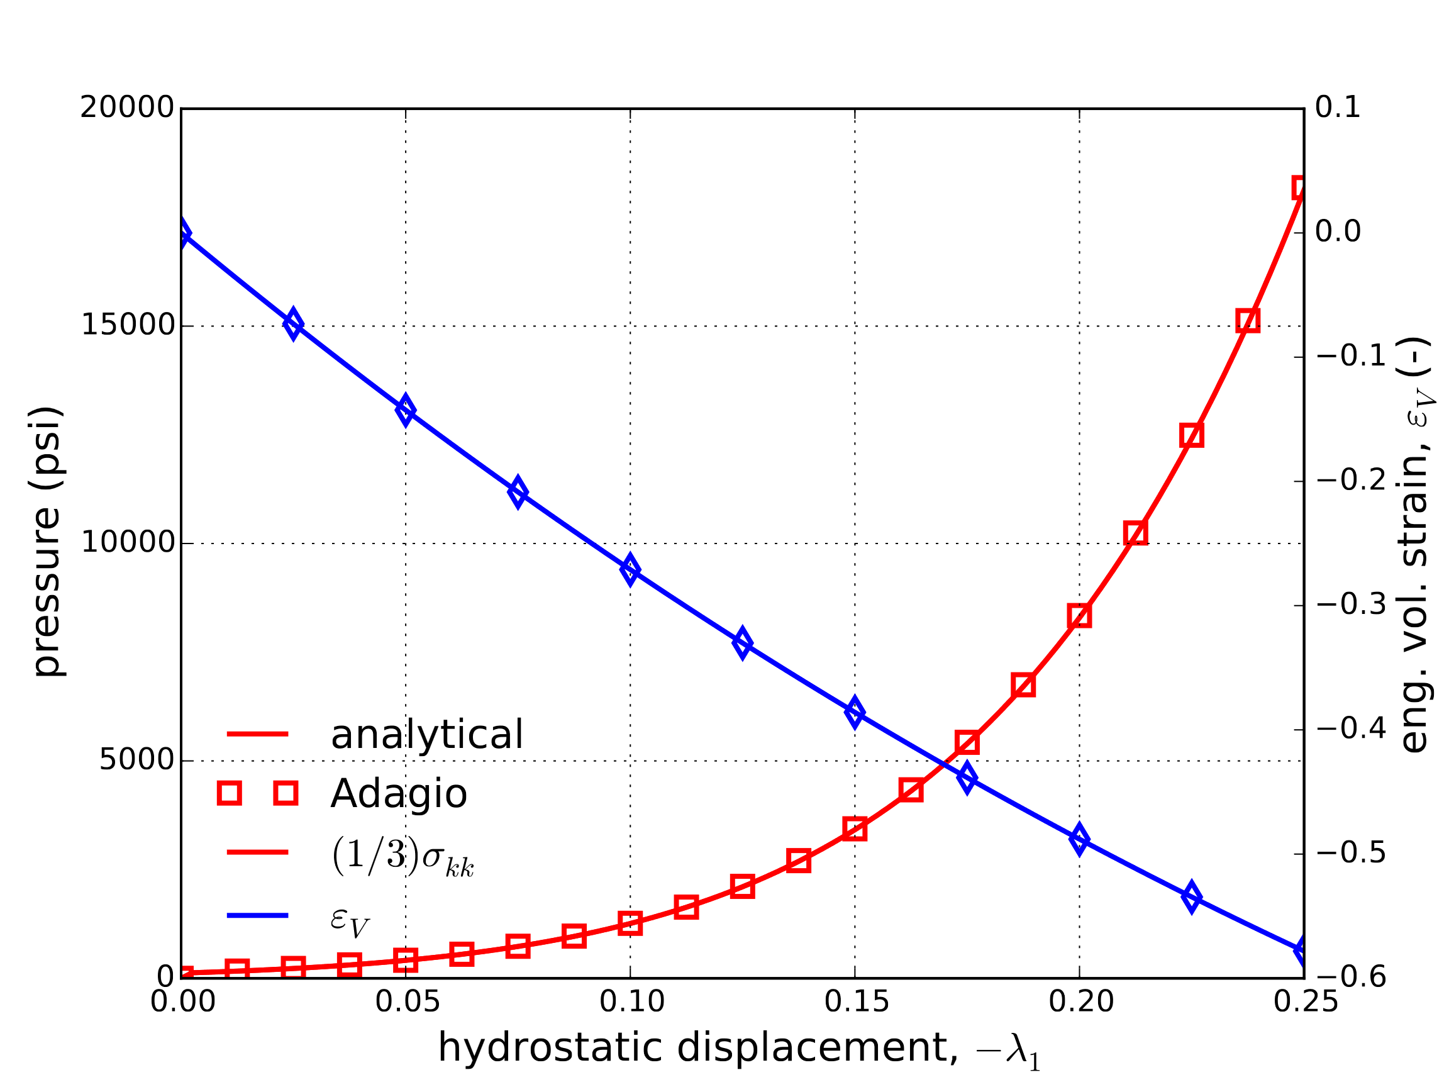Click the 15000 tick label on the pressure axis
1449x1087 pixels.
point(127,326)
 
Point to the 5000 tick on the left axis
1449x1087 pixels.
point(136,760)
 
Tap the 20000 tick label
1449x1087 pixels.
point(127,108)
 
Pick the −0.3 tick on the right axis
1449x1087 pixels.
point(1351,605)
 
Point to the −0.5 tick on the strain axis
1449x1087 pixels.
point(1351,854)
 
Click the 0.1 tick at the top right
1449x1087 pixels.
point(1338,108)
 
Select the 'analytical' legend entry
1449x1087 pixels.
point(426,735)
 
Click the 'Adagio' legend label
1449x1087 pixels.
point(398,794)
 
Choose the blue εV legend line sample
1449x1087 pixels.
point(257,915)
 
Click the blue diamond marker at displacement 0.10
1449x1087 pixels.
point(630,570)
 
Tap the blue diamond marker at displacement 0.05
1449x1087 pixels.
point(406,410)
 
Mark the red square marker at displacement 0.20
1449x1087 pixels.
point(1080,616)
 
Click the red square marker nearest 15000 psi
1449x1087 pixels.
point(1248,321)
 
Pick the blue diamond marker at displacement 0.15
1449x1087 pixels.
point(855,712)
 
